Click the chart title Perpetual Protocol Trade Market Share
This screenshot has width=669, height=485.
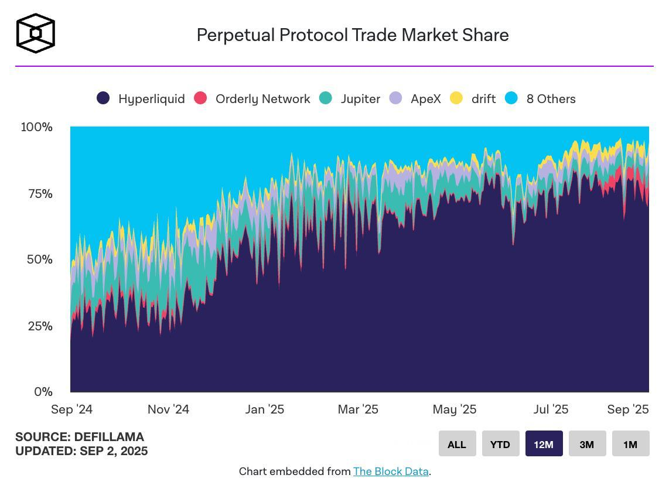pos(352,35)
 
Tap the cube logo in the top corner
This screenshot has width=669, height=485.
pos(36,33)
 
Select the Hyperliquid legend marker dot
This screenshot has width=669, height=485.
pos(103,98)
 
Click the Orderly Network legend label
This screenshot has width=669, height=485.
pos(262,99)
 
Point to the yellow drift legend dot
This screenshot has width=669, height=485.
pos(456,98)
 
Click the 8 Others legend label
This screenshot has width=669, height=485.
pos(551,99)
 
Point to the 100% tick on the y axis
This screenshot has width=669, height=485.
pos(37,127)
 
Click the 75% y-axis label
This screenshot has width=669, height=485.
pos(40,194)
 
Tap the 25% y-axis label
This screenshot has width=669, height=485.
pos(40,326)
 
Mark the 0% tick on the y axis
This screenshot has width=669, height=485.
pos(43,392)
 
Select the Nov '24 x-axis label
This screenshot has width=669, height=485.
pos(168,409)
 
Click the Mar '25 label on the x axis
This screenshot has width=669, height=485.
pos(358,409)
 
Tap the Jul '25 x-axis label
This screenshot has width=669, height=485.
pos(551,409)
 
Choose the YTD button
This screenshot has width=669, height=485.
pos(500,444)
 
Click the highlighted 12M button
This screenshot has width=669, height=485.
pos(544,444)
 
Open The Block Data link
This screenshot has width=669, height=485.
pos(391,472)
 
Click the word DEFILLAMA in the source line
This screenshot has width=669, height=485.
pos(109,437)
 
